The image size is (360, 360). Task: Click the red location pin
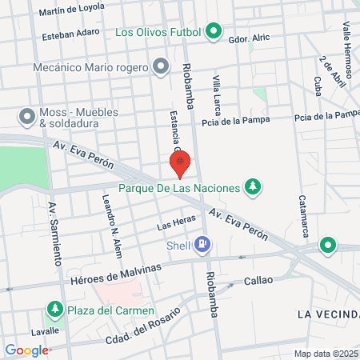(180, 163)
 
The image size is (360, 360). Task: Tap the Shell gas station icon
(204, 244)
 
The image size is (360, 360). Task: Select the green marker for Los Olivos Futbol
(214, 33)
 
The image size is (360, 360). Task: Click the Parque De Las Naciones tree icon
(253, 187)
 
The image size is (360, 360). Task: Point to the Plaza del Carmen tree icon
(55, 309)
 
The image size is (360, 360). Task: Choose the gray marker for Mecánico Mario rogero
(161, 67)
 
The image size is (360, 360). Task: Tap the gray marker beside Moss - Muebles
(27, 117)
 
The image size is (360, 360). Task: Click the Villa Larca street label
(217, 96)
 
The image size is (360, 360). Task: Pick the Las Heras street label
(175, 225)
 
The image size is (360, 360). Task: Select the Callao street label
(258, 280)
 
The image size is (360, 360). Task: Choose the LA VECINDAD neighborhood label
(328, 313)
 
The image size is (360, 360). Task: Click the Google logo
(26, 350)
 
